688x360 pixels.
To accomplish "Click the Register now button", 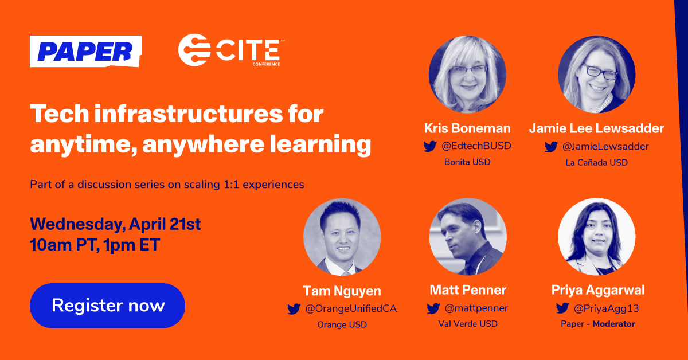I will tap(108, 306).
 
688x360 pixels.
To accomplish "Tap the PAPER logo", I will tap(85, 52).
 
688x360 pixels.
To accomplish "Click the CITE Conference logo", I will tap(229, 50).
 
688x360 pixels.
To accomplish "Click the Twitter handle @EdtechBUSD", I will tap(476, 146).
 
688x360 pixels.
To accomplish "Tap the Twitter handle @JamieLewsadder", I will tap(605, 147).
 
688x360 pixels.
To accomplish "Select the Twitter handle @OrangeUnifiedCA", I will tap(351, 309).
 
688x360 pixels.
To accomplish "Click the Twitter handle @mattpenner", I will tap(476, 308).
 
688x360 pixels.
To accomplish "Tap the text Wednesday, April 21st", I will tap(115, 224).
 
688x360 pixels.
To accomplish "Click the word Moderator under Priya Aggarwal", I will tap(613, 324).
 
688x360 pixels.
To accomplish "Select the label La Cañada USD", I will tap(596, 162).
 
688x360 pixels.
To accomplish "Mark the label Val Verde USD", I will tap(468, 324).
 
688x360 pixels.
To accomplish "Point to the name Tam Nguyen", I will tap(342, 290).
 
